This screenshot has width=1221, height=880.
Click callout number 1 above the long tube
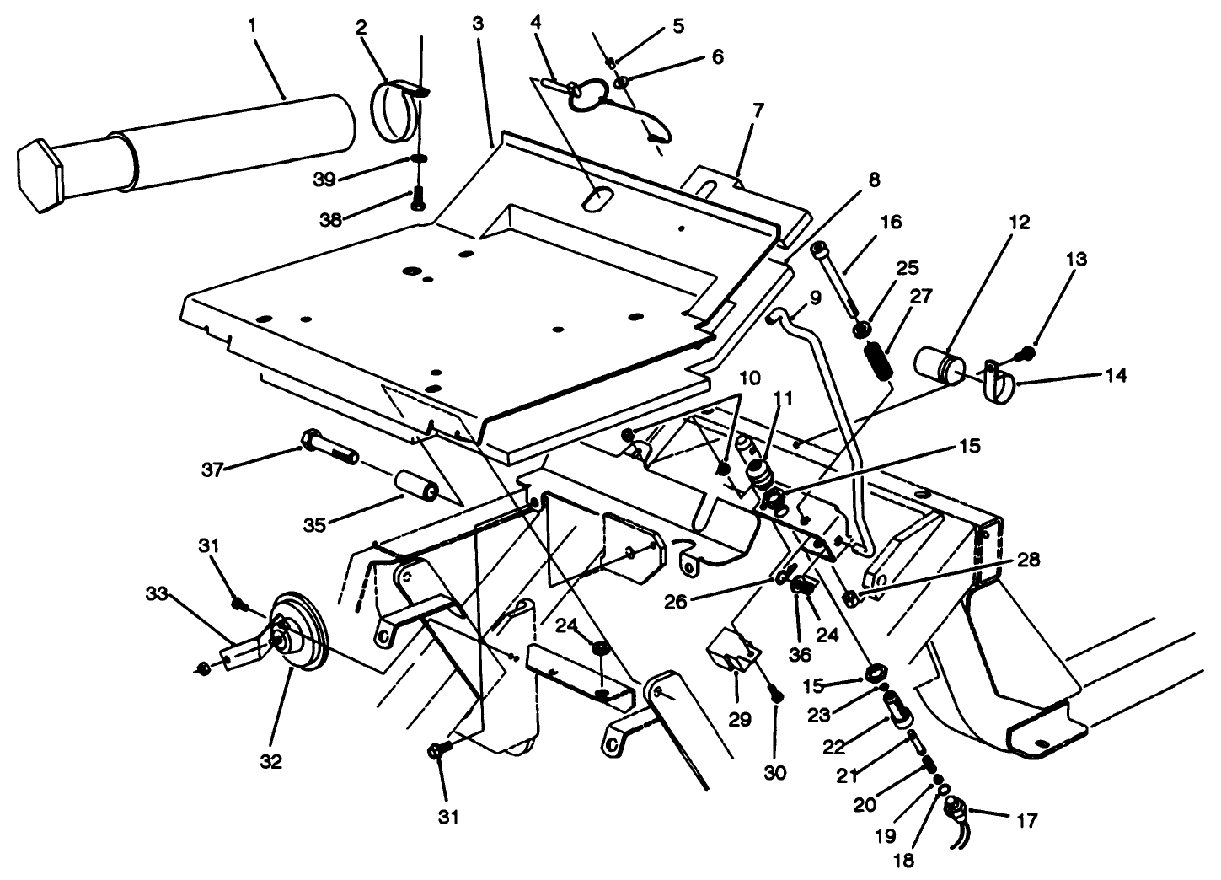click(252, 25)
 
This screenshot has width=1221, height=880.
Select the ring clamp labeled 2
click(391, 112)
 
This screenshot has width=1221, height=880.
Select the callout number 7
click(758, 110)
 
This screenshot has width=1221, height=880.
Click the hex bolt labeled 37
click(329, 446)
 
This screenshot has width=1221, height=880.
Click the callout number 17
click(1026, 819)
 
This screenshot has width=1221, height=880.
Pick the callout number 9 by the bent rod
click(815, 298)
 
